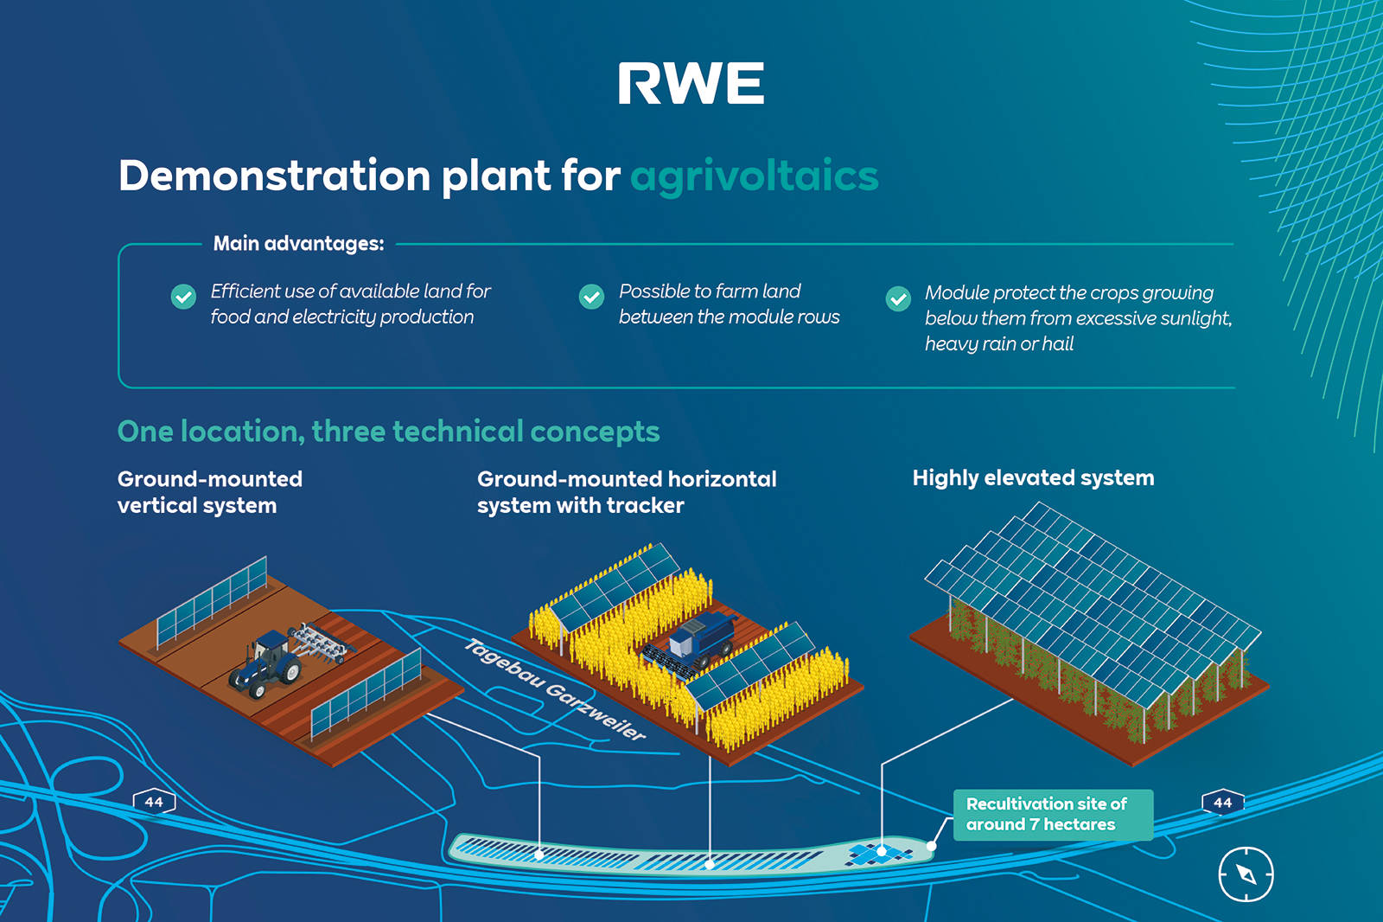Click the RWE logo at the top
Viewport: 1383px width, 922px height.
(691, 84)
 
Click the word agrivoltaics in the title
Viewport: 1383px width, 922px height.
(754, 176)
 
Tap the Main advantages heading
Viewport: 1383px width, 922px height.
(298, 244)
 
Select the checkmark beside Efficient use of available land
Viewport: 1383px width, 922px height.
(183, 297)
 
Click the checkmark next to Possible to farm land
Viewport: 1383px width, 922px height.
(591, 297)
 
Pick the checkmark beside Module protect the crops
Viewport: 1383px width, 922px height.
(898, 298)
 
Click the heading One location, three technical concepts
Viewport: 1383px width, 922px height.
(388, 431)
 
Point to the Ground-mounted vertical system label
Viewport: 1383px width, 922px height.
(210, 492)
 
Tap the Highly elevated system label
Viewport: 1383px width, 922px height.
(1033, 477)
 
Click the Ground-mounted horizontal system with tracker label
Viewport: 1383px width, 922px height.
(627, 492)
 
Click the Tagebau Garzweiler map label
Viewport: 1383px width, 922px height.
(555, 689)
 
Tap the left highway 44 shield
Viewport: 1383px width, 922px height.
(154, 802)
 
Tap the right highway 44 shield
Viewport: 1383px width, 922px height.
(1222, 802)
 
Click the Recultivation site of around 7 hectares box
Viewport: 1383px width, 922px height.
(1052, 815)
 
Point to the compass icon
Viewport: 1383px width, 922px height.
(1246, 874)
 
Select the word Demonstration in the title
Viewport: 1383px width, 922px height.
(274, 176)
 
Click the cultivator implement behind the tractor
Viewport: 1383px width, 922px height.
(322, 643)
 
